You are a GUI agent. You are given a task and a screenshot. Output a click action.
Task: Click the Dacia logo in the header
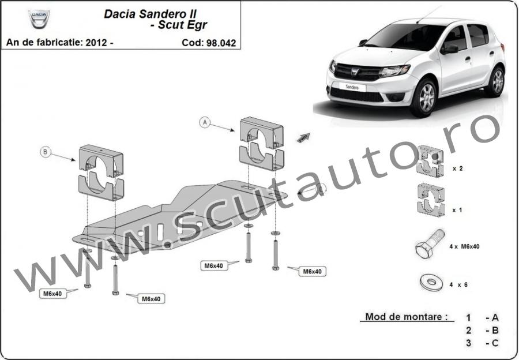[39, 18]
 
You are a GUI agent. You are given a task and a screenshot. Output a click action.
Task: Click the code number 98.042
[221, 43]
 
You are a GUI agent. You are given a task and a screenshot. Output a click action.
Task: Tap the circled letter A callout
[205, 122]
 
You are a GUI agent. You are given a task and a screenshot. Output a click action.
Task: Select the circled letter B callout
[46, 152]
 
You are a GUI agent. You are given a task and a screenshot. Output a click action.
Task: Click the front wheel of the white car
[424, 97]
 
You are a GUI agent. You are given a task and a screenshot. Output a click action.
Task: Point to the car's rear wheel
[497, 81]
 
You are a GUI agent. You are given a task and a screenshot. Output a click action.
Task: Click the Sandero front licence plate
[352, 87]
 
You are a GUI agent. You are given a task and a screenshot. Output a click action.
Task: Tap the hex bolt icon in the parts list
[430, 244]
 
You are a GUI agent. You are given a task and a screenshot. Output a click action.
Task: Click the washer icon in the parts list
[431, 283]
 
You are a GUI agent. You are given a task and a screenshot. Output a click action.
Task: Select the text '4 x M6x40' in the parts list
[464, 246]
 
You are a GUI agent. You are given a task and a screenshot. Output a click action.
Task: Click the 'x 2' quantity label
[458, 168]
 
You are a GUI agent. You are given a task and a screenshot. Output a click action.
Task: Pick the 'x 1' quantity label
[457, 210]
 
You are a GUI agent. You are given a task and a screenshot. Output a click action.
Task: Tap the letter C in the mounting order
[495, 343]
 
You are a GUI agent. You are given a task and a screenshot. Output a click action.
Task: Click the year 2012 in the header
[96, 43]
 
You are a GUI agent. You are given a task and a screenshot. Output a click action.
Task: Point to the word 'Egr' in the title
[196, 25]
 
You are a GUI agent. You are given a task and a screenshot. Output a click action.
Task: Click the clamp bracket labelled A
[261, 144]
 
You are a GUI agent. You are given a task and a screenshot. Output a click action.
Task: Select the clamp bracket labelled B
[101, 172]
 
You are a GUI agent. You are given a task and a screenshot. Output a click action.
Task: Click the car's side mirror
[449, 50]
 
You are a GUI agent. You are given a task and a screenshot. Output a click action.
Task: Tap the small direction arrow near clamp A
[303, 137]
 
